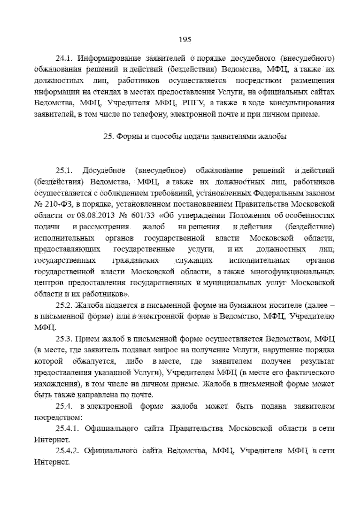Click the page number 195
pyautogui.click(x=184, y=39)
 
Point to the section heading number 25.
pyautogui.click(x=107, y=137)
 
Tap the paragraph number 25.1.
pyautogui.click(x=64, y=171)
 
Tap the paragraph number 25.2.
pyautogui.click(x=64, y=305)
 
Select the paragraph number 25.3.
pyautogui.click(x=64, y=339)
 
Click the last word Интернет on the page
pyautogui.click(x=52, y=462)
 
